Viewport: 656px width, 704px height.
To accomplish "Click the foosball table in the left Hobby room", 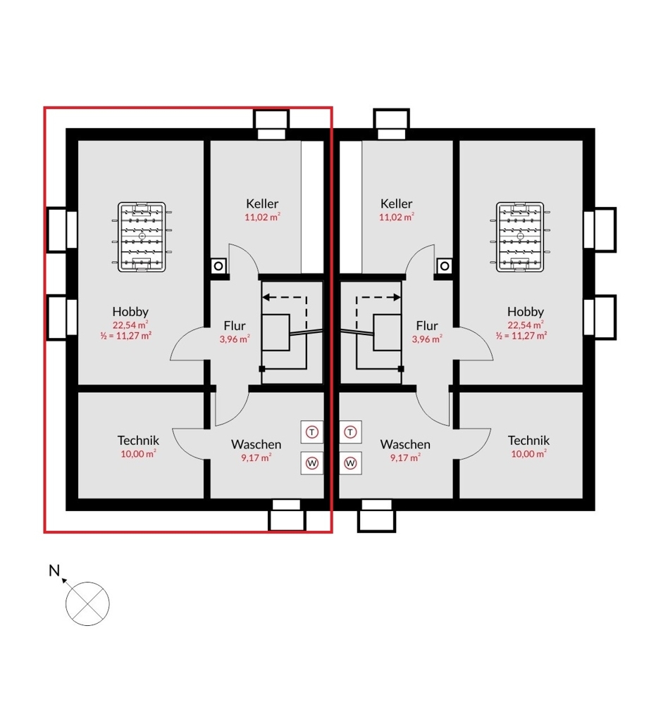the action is coord(142,237).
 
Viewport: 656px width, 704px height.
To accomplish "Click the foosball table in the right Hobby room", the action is coord(520,237).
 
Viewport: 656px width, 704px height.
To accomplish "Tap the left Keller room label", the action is coord(262,203).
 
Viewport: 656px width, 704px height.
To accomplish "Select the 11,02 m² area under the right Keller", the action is coord(396,217).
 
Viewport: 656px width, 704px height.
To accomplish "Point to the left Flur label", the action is coord(235,325).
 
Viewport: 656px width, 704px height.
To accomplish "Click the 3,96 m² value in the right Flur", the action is coord(427,339).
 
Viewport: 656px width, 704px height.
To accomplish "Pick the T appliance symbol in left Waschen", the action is coord(312,432).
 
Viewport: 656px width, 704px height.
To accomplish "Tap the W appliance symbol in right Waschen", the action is coord(350,463).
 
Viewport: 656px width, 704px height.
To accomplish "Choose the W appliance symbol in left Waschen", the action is coord(312,463).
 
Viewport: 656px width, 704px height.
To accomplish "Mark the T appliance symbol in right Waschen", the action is coord(350,432).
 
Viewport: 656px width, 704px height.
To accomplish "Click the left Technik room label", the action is coord(138,440).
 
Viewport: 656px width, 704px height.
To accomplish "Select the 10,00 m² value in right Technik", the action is coord(528,454).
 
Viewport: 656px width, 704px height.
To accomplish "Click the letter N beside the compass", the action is coord(54,570).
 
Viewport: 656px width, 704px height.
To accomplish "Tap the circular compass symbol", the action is coord(87,604).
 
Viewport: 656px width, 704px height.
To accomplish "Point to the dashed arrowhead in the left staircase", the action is coord(266,297).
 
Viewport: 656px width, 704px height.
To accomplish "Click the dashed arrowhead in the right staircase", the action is coord(396,297).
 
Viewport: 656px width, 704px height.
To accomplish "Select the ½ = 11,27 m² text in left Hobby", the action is coord(126,335).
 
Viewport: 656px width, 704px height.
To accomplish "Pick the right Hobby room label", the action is coord(526,311).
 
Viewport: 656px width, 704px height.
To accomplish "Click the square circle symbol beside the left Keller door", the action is coord(218,266).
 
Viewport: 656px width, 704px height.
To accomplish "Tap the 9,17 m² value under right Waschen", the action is coord(405,458).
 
